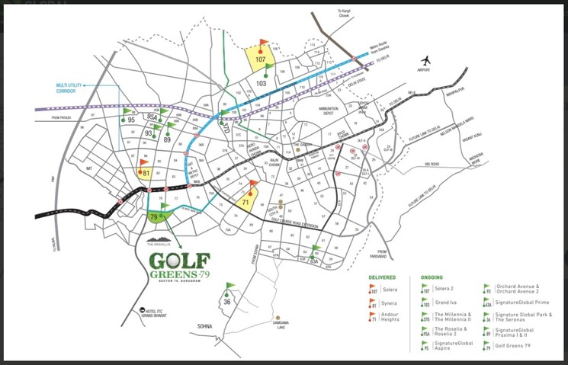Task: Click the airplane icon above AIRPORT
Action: point(425,60)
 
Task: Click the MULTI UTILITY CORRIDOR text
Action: point(57,90)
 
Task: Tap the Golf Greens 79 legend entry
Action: point(518,347)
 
